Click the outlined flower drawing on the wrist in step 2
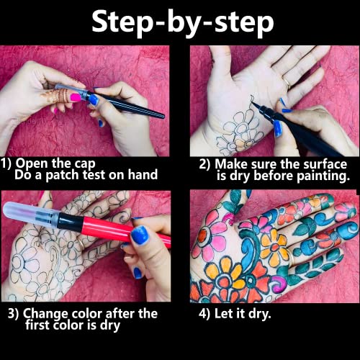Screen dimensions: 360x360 point(234,137)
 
